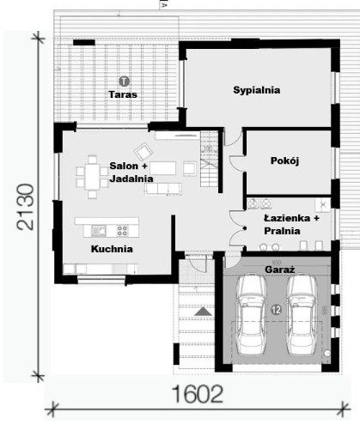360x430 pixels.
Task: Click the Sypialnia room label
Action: [257, 89]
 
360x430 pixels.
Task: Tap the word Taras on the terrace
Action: [123, 93]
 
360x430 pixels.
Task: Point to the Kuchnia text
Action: [112, 248]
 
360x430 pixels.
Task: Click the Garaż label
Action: [280, 269]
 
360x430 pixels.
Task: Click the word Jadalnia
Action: [131, 179]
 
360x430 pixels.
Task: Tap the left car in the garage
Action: [253, 313]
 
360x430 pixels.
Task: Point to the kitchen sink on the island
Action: [100, 230]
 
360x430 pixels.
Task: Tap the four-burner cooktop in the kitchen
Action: [122, 230]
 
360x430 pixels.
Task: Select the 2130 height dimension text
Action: [27, 206]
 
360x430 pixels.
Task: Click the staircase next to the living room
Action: [208, 163]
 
